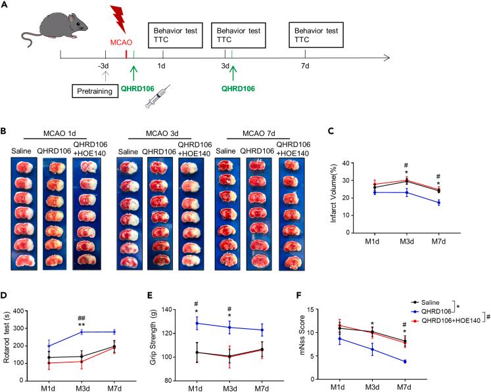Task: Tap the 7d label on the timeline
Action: [x=304, y=66]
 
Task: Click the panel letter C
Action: [x=332, y=130]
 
